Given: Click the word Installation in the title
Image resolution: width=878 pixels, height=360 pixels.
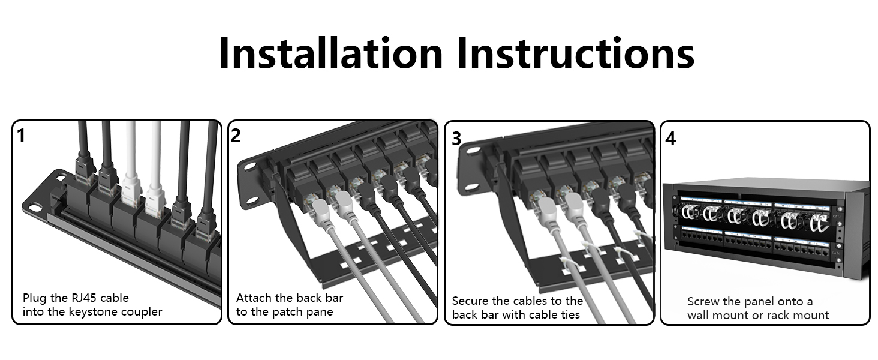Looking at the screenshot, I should [x=330, y=53].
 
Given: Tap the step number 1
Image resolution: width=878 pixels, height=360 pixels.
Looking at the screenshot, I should [x=22, y=136].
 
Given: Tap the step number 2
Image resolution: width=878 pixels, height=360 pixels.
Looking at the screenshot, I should [x=236, y=136].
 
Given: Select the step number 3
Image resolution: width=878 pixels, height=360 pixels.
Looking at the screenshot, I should [x=456, y=139].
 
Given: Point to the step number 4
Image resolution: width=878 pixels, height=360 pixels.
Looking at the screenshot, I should [x=670, y=139].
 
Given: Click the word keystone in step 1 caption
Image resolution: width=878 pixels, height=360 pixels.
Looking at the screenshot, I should [x=98, y=312].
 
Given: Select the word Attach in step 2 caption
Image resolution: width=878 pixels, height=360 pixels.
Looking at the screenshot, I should [x=255, y=298].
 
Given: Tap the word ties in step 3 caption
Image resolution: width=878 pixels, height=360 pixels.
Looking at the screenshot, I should [x=569, y=315].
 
